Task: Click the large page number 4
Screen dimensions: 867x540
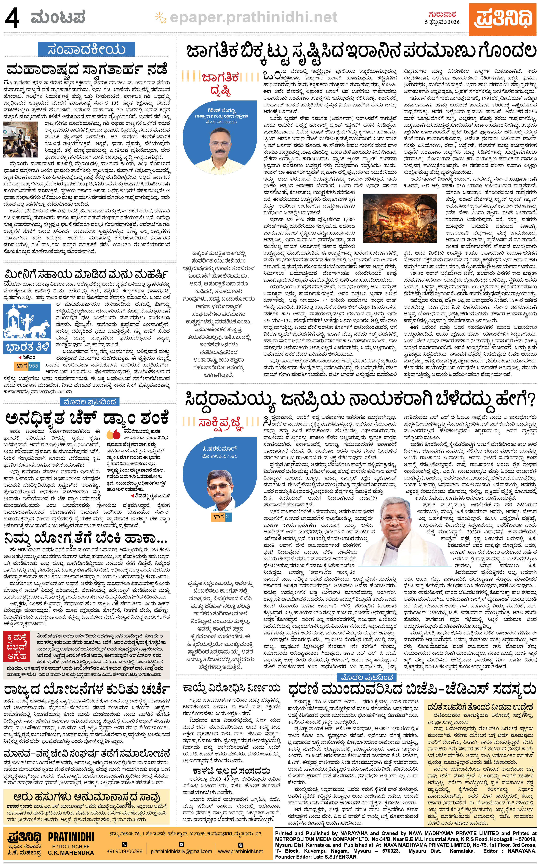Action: (12, 19)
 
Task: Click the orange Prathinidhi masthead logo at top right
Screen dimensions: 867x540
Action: (505, 19)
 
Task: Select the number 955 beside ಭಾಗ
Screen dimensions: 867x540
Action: (34, 366)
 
